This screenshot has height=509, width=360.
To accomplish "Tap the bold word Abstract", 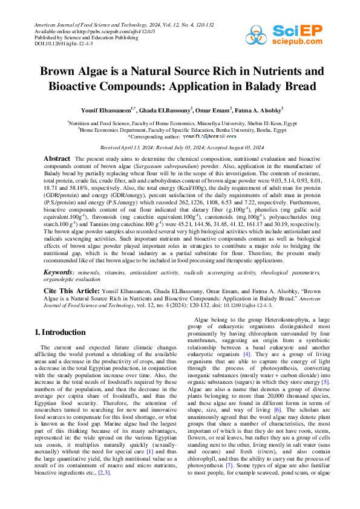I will click(57, 158).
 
